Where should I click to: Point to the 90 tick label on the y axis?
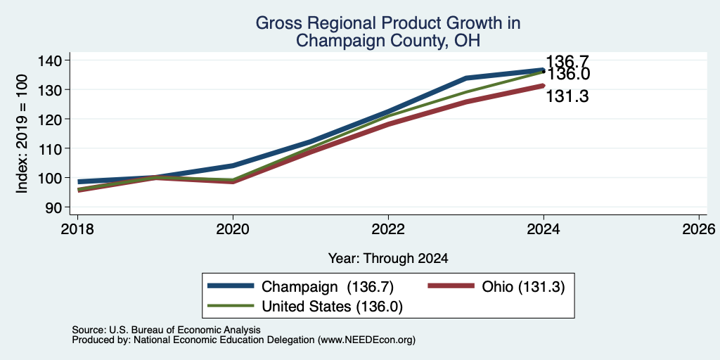pos(54,207)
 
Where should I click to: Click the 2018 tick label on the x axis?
pos(77,229)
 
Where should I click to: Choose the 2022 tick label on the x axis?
pos(388,229)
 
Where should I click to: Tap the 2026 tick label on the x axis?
pos(699,229)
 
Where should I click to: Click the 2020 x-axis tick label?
pos(233,229)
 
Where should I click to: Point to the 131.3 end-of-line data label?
pos(567,96)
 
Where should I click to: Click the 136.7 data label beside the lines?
pos(567,62)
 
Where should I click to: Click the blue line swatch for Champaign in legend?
pos(231,286)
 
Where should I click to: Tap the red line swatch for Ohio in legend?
pos(451,286)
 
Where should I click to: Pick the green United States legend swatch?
pos(231,306)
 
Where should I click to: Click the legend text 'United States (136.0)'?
pos(332,307)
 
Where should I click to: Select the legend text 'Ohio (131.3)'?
pos(523,287)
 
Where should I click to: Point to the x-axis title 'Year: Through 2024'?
pos(388,259)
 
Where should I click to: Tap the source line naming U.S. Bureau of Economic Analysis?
pos(166,330)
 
